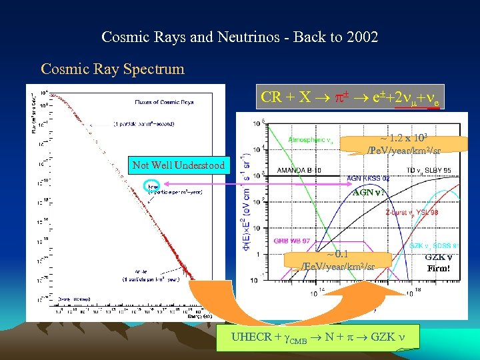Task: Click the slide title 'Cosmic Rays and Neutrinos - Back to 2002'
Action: pyautogui.click(x=239, y=37)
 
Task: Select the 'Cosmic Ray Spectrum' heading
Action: pyautogui.click(x=112, y=69)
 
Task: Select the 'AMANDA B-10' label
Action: pyautogui.click(x=298, y=171)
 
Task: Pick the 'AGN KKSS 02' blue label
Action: pyautogui.click(x=369, y=179)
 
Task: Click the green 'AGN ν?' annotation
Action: pyautogui.click(x=366, y=191)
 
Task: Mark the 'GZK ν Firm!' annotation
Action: pyautogui.click(x=439, y=263)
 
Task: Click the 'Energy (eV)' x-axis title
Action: pyautogui.click(x=198, y=316)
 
